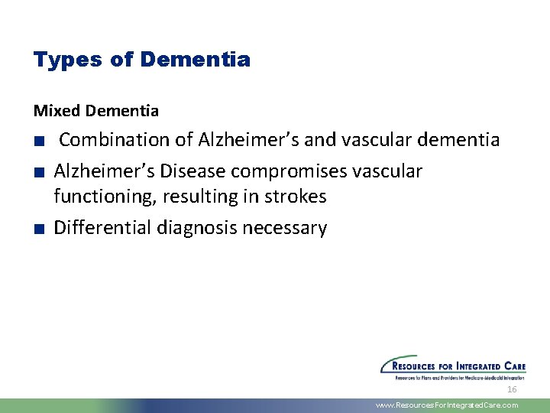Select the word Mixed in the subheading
click(x=57, y=111)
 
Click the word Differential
click(x=102, y=228)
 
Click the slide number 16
click(x=512, y=389)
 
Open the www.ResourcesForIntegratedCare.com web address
click(x=447, y=405)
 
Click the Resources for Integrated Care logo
click(x=453, y=367)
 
